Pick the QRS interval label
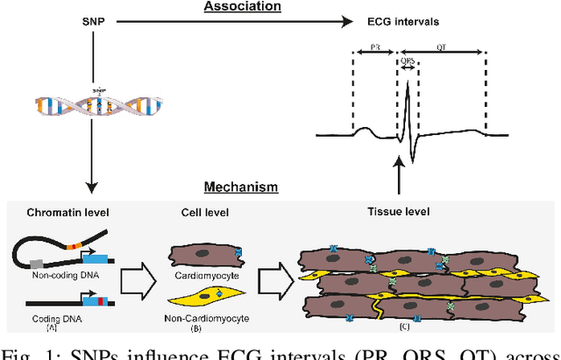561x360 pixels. click(408, 61)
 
